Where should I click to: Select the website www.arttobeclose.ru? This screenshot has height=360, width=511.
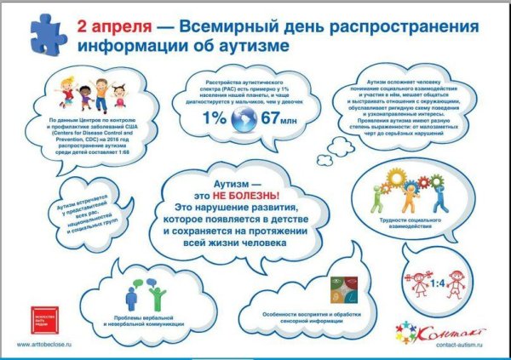click(49, 345)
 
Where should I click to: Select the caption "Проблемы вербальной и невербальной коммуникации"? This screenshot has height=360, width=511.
click(141, 322)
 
